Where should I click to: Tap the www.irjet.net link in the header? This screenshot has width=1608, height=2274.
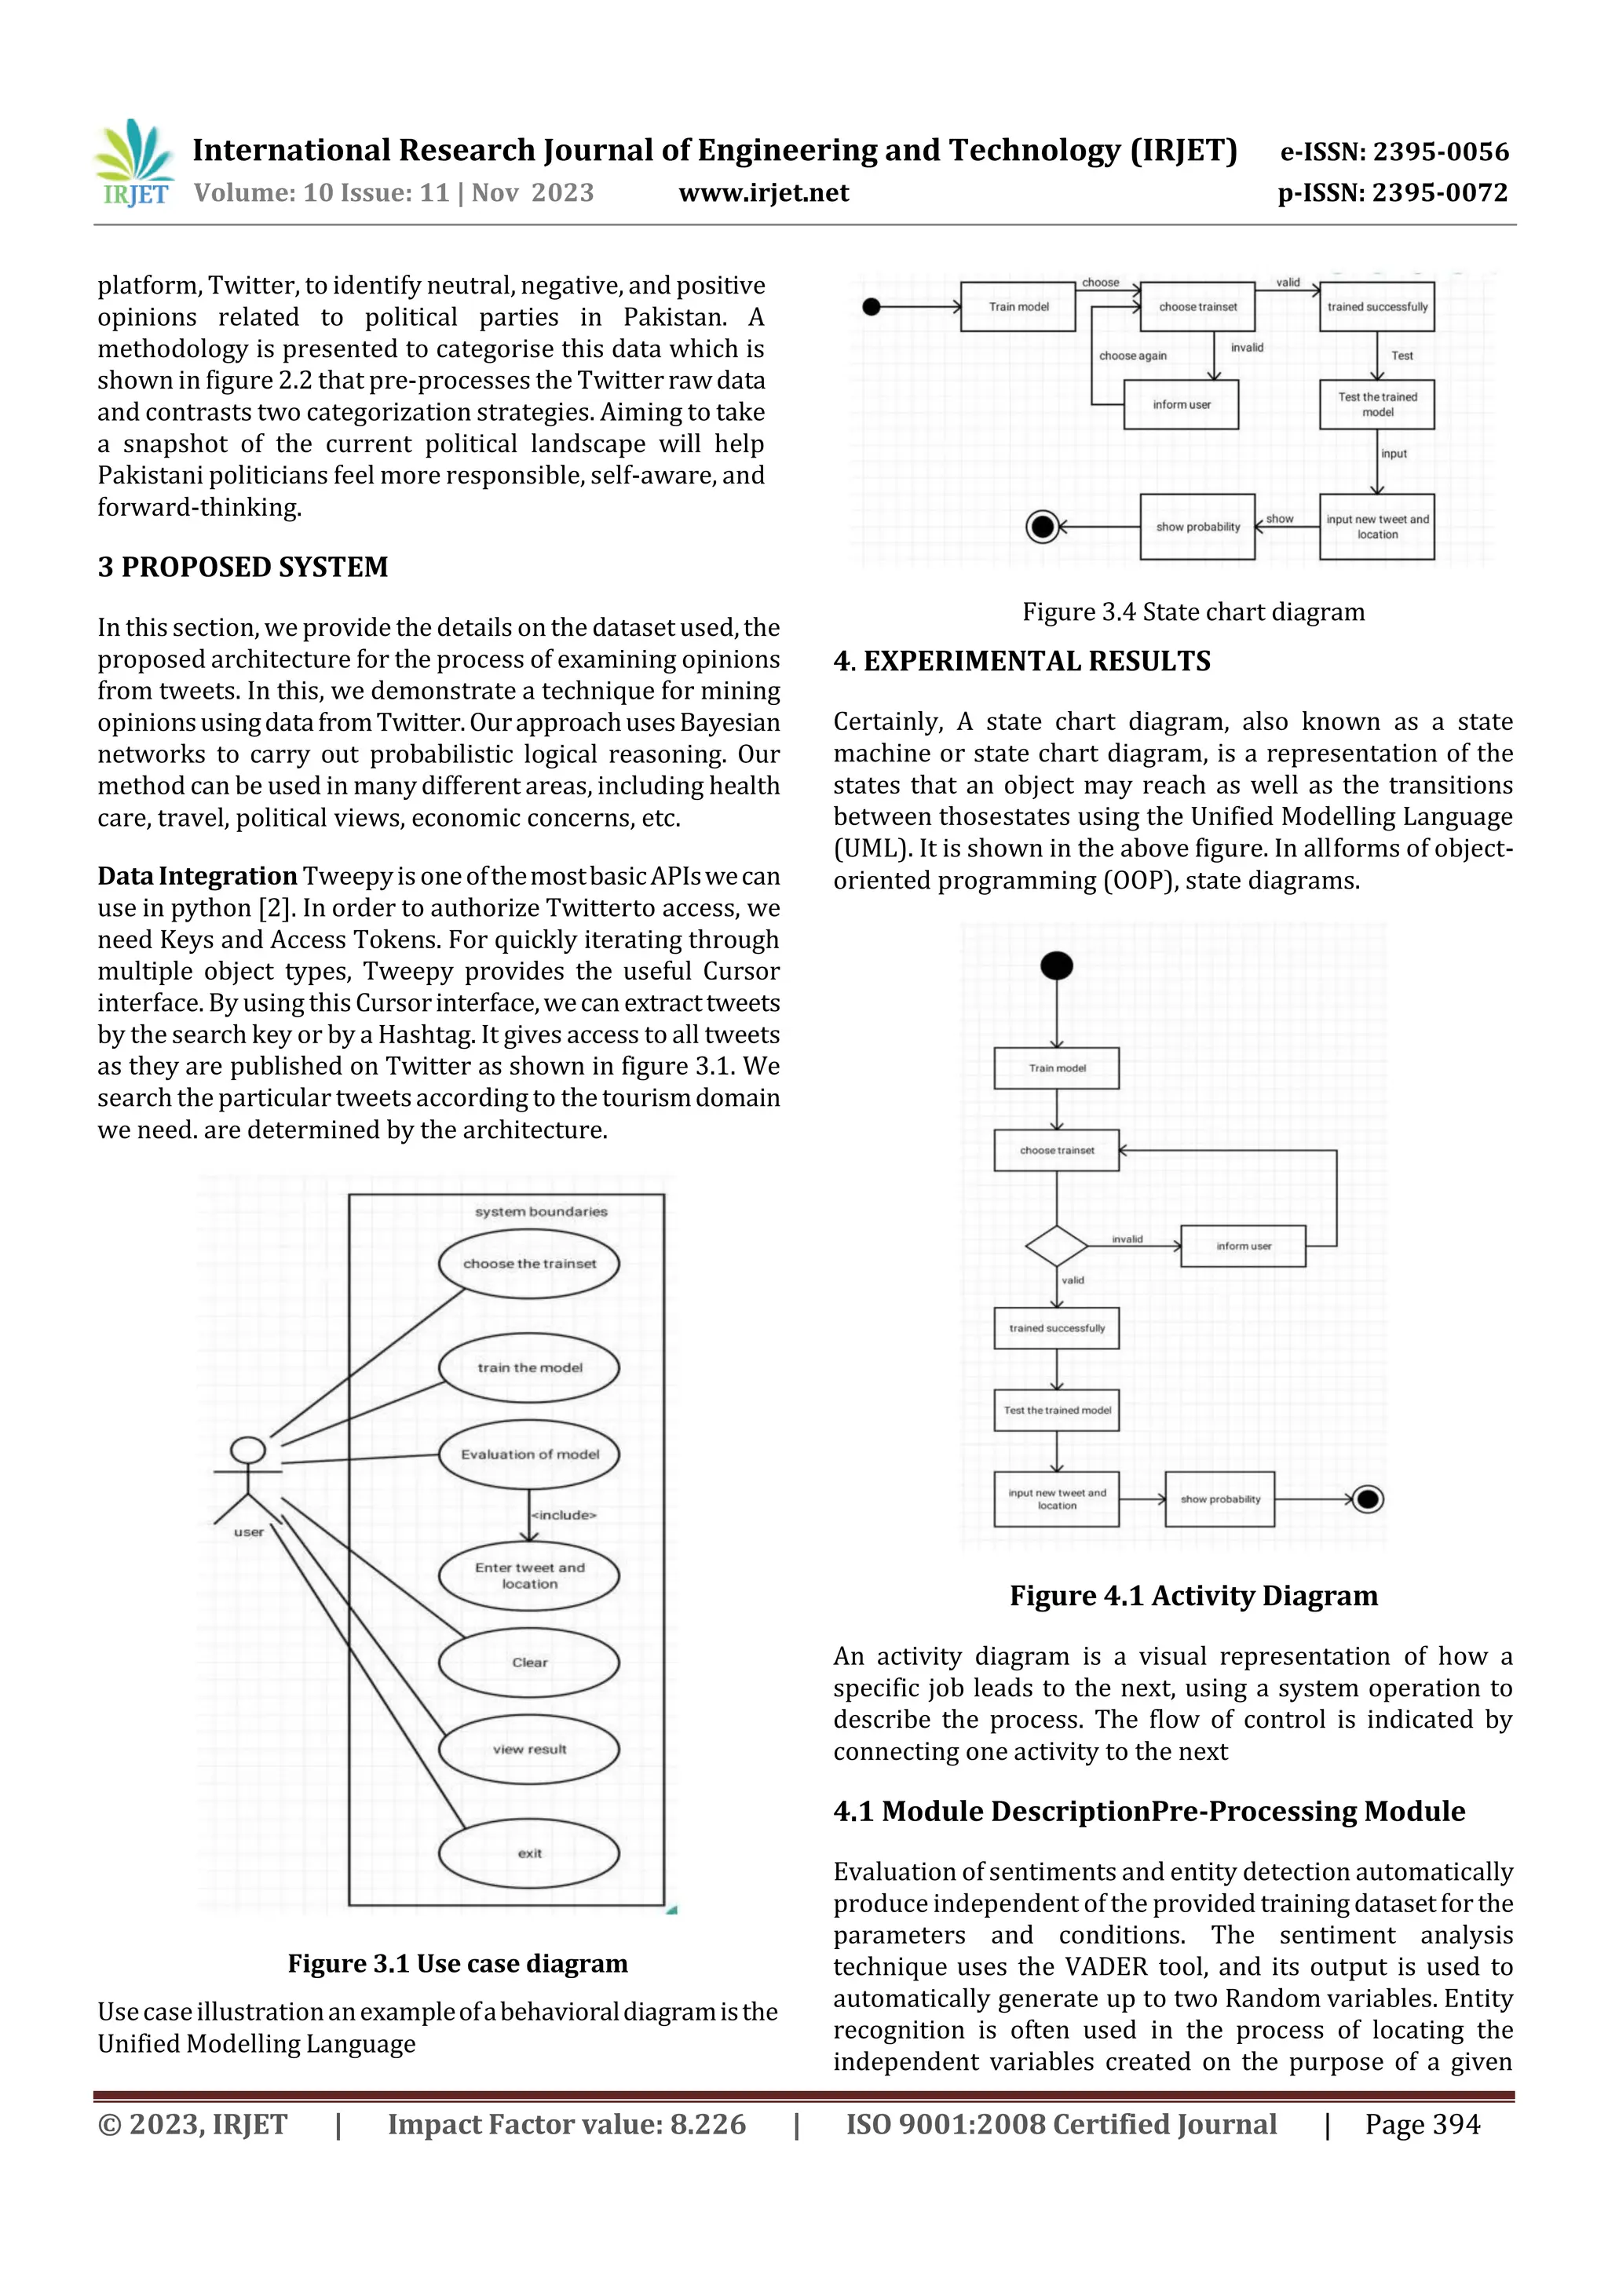[763, 193]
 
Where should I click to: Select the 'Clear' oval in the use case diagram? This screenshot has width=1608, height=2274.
[529, 1662]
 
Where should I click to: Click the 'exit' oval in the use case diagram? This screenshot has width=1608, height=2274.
[529, 1853]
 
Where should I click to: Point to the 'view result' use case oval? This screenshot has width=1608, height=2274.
[529, 1749]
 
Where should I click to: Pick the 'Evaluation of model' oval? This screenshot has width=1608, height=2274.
[529, 1454]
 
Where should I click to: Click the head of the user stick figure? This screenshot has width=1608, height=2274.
[247, 1450]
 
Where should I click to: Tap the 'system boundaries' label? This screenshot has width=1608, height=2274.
[541, 1211]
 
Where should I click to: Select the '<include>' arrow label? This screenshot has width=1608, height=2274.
[565, 1514]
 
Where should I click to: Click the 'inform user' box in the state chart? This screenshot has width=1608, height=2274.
[1181, 405]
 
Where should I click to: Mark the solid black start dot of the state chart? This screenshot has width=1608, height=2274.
[872, 307]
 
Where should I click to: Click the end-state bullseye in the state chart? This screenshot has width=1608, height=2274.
[1042, 526]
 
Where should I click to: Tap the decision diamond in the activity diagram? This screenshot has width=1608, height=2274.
[1057, 1246]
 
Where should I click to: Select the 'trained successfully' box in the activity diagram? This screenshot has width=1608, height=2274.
[1056, 1328]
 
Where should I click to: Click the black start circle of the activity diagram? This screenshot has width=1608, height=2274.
[1057, 965]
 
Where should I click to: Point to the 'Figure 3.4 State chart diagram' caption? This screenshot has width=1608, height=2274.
[1193, 612]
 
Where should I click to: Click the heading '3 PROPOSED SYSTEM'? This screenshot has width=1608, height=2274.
[243, 568]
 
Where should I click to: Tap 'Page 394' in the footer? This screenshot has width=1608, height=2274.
[1422, 2124]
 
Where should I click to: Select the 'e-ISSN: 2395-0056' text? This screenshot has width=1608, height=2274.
[1394, 152]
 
